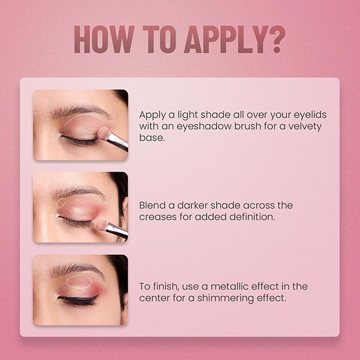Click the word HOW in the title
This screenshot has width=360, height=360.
point(104,40)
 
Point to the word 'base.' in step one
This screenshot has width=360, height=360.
point(152,137)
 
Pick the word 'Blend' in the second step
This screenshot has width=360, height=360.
point(152,205)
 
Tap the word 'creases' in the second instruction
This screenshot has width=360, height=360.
point(158,217)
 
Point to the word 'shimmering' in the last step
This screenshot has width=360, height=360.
point(225,298)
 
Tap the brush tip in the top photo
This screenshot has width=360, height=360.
point(104,133)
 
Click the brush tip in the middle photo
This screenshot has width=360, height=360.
point(101,225)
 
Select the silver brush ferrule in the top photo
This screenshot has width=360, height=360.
point(118,142)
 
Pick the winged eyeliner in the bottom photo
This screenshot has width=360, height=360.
point(78,299)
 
